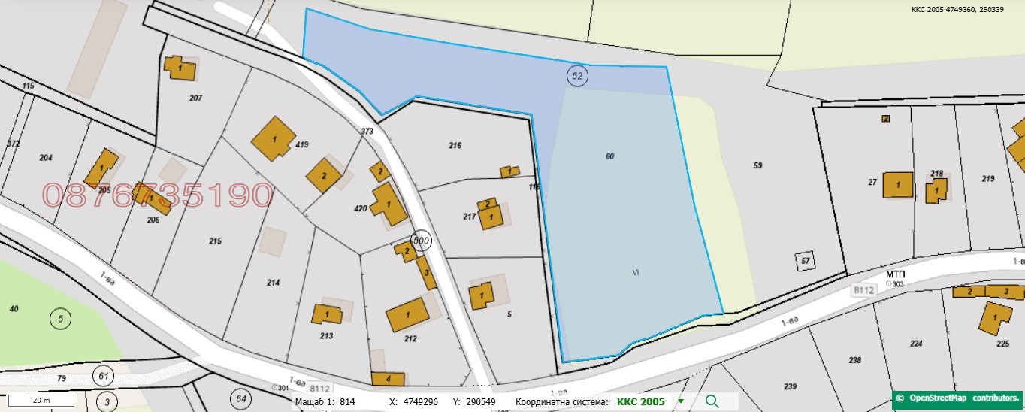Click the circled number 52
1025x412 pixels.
click(x=577, y=75)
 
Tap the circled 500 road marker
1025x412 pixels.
click(x=422, y=240)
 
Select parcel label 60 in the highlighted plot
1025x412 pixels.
click(x=609, y=156)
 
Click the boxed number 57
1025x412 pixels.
click(x=806, y=261)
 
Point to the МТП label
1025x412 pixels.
click(x=894, y=275)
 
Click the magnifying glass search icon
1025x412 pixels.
click(x=712, y=401)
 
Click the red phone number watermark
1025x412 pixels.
click(x=157, y=195)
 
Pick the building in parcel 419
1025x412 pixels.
click(x=272, y=139)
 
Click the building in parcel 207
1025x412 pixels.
click(x=181, y=69)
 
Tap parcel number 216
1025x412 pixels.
click(x=455, y=146)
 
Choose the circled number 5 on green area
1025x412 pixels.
click(x=60, y=319)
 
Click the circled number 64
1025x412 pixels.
click(x=240, y=398)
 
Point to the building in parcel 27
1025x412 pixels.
click(x=897, y=185)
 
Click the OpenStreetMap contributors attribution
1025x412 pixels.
click(x=958, y=398)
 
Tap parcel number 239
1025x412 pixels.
click(x=790, y=386)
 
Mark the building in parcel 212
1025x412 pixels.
click(x=407, y=314)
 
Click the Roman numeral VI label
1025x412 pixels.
click(x=636, y=272)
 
